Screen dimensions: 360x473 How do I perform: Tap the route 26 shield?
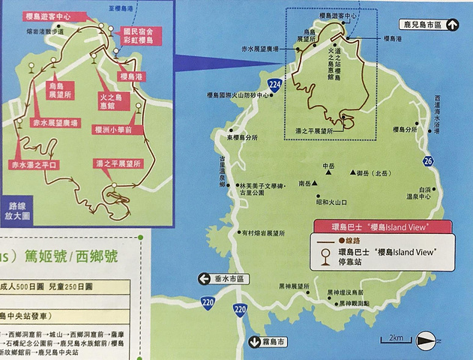point(427,161)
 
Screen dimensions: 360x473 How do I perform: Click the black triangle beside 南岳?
point(317,183)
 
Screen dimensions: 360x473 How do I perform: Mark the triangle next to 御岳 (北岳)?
point(352,174)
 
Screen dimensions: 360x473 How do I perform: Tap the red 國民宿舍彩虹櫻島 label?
point(139,37)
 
